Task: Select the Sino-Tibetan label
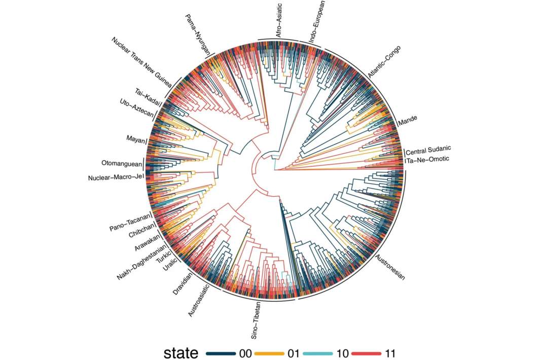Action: [x=257, y=320]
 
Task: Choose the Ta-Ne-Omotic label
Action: [x=427, y=160]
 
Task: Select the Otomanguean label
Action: [x=121, y=164]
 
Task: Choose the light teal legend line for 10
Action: [x=318, y=353]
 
